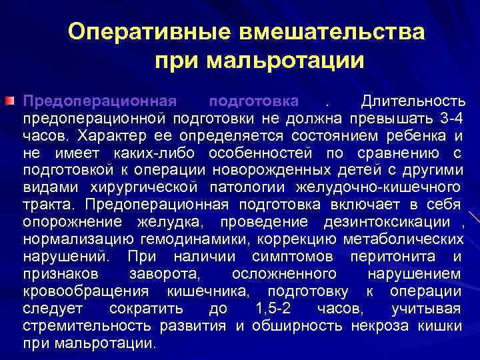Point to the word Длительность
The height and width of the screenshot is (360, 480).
click(x=411, y=102)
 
